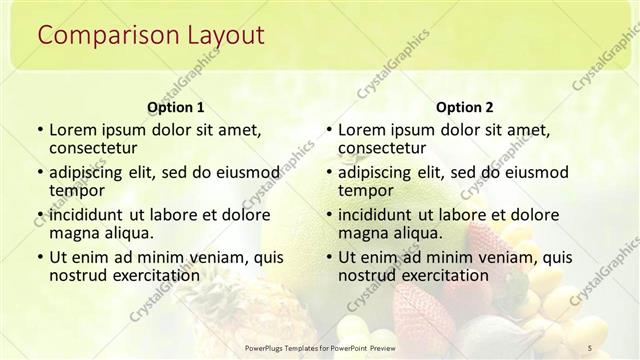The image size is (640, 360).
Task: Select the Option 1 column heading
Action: coord(176,106)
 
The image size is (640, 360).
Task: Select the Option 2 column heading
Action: coord(465,106)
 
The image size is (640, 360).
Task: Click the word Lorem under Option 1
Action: coord(74,130)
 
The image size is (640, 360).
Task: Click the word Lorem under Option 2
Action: coord(363,130)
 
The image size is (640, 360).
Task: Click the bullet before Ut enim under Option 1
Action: coord(38,257)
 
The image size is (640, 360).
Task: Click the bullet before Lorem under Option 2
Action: coord(327,130)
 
